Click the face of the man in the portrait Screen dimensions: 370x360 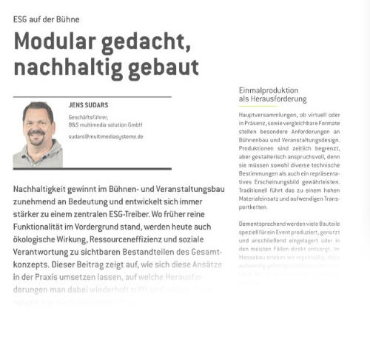click(x=37, y=124)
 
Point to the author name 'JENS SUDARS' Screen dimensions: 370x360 click(x=89, y=106)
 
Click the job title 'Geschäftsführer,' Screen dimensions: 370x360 click(x=89, y=119)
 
